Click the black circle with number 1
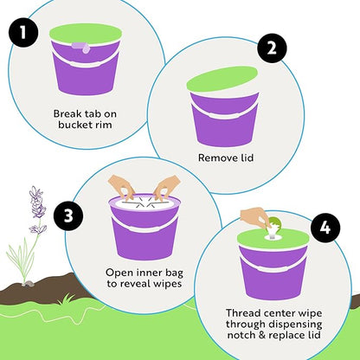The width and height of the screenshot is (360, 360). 23,33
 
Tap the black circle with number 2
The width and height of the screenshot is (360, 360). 272,48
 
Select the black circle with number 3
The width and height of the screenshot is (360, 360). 68,215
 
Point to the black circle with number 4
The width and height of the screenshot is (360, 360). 325,228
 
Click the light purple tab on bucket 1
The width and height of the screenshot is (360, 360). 82,48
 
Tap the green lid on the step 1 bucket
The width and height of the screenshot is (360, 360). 86,34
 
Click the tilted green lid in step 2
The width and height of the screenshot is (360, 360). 222,79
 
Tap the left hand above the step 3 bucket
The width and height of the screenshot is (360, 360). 122,187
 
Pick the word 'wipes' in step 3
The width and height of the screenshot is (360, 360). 168,284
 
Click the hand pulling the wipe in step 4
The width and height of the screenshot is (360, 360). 254,217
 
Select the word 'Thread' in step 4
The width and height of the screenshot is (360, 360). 242,313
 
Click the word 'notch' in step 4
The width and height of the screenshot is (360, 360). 242,335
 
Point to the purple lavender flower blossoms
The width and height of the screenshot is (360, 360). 37,209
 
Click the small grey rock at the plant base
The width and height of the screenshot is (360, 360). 29,284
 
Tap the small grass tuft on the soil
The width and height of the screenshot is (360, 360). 67,299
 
